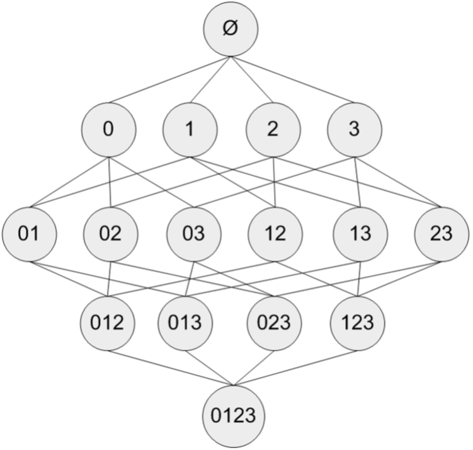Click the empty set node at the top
click(x=231, y=29)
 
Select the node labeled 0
click(x=108, y=130)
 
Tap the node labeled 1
click(x=190, y=130)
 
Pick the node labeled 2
click(x=273, y=130)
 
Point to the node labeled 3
click(x=355, y=130)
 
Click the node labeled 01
click(x=29, y=234)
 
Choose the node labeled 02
click(x=111, y=234)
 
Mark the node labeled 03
click(x=194, y=234)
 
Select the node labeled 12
click(x=275, y=234)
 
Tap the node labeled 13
click(x=360, y=234)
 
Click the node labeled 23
click(x=442, y=234)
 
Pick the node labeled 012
click(x=108, y=323)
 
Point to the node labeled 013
click(x=185, y=323)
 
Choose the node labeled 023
click(x=274, y=323)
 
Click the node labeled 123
click(x=358, y=323)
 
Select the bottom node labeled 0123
click(x=234, y=416)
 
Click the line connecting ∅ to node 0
click(x=169, y=79)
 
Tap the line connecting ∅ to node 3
click(x=293, y=79)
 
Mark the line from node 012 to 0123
click(x=171, y=368)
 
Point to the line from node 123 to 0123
click(x=295, y=368)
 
